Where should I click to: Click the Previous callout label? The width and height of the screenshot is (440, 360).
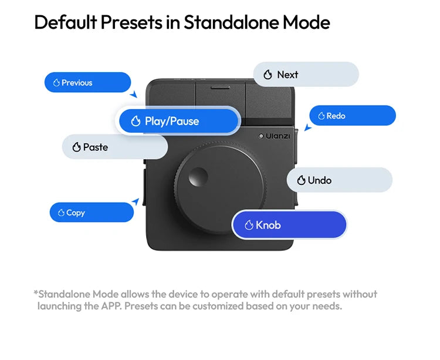87,82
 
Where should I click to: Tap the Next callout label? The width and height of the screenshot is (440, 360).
306,75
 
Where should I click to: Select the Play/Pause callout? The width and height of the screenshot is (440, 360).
178,121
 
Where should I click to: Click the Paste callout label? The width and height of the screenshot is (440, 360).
115,147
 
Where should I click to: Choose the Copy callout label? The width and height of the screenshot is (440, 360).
92,212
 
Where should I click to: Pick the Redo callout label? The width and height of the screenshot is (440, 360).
353,116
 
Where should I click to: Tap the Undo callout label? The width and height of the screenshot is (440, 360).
339,180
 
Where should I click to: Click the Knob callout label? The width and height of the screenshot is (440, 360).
289,225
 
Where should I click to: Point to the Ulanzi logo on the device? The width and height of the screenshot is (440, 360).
274,136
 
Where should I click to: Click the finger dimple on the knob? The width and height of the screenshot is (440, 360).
198,177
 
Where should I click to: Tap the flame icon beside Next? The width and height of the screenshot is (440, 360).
268,75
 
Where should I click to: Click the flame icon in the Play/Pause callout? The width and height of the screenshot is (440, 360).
136,121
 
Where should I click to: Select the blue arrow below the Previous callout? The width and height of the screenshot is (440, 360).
134,95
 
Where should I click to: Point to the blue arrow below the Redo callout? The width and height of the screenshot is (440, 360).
308,127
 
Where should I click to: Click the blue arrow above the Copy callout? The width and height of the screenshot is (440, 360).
136,201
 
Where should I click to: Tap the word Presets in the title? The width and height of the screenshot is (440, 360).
131,22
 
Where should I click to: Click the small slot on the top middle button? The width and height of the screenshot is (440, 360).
220,88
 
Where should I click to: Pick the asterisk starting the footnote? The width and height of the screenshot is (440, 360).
36,292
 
